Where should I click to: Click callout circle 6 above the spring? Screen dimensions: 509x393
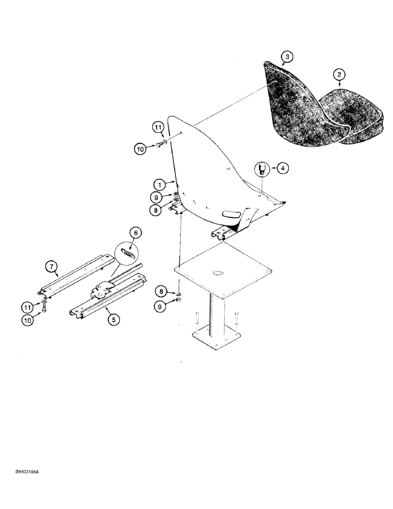(135, 232)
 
